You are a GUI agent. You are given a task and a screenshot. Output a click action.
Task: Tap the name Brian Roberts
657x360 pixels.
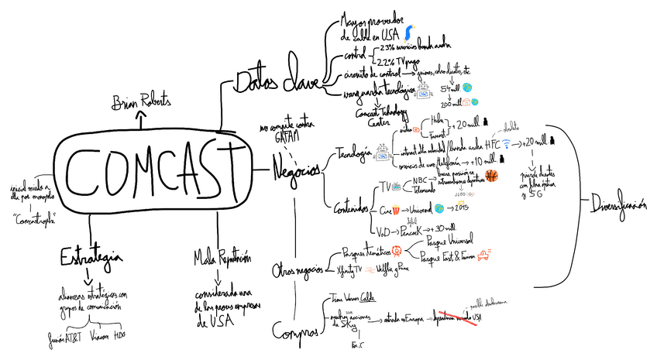tap(140, 101)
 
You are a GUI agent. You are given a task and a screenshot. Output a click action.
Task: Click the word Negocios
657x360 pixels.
tap(295, 171)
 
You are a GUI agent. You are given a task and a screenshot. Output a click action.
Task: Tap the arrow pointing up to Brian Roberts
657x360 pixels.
tap(140, 118)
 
